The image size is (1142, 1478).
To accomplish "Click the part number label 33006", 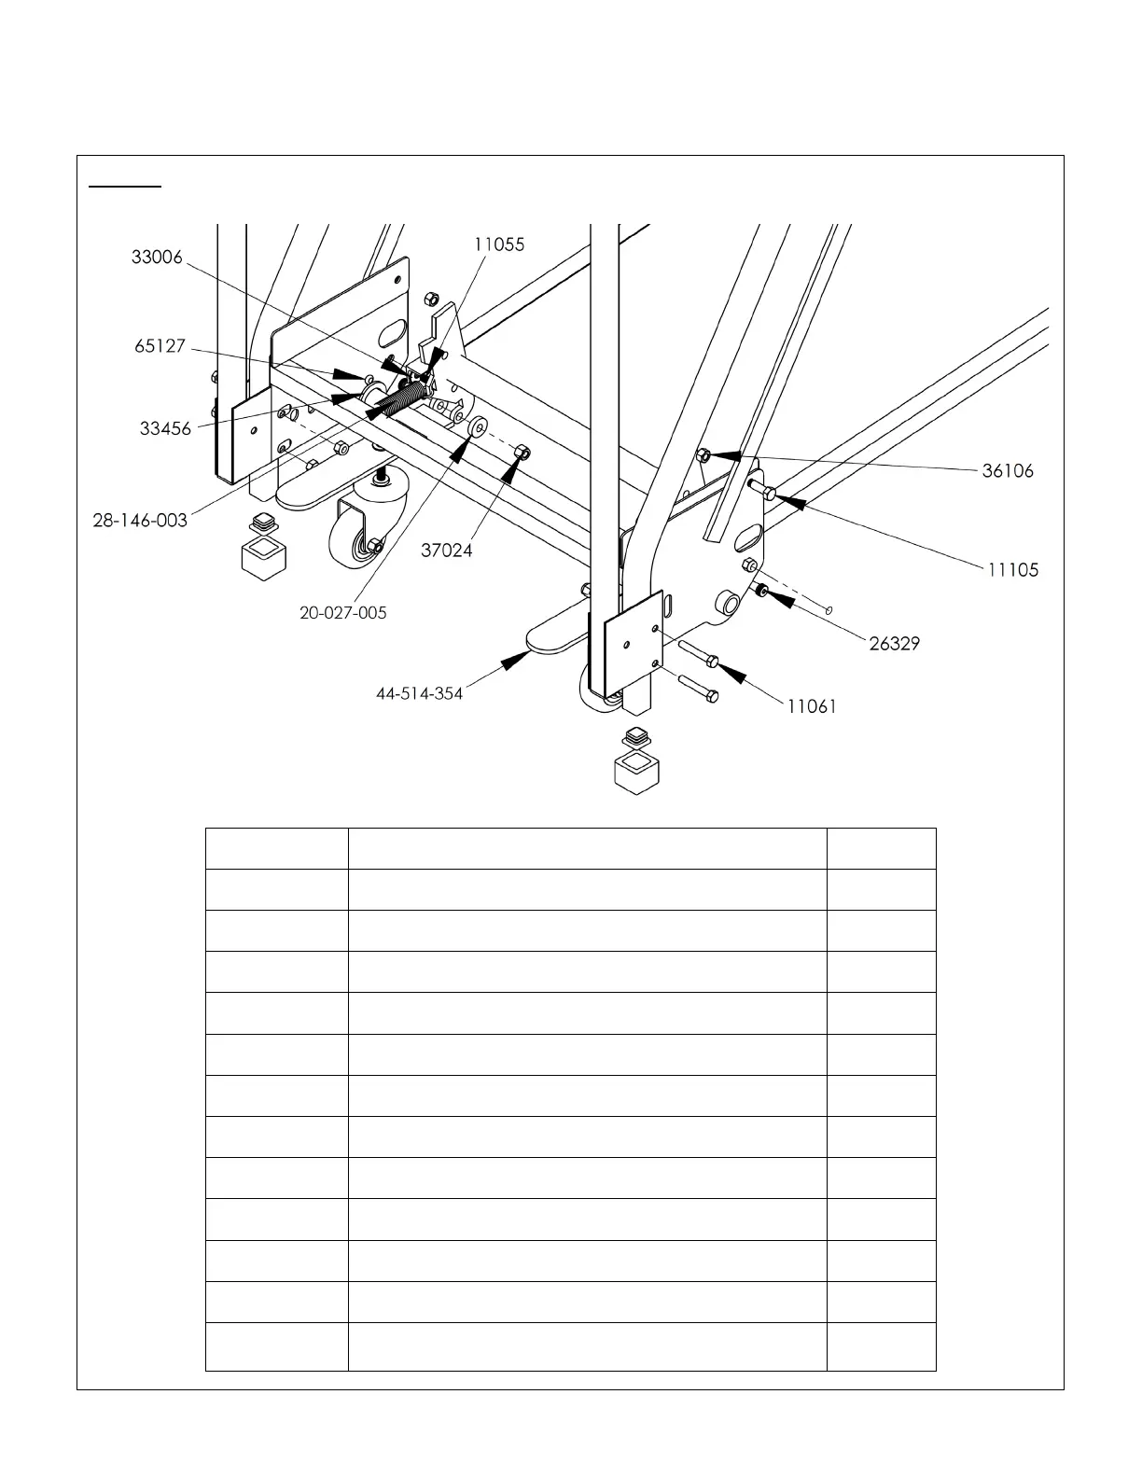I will (x=157, y=257).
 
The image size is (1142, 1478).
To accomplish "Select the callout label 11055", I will (x=499, y=244).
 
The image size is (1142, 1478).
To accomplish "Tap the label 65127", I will (x=160, y=347).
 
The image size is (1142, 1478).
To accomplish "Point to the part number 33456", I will (x=165, y=428).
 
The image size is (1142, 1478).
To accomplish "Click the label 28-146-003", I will (x=140, y=520).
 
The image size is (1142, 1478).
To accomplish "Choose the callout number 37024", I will (x=446, y=551).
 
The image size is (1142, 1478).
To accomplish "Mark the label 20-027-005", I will (x=342, y=613).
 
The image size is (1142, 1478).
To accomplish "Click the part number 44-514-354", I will (x=419, y=693).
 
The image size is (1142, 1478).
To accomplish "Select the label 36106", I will (x=1008, y=471).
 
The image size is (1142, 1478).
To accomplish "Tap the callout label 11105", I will (x=1013, y=569).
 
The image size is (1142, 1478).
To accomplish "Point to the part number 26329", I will (x=895, y=643).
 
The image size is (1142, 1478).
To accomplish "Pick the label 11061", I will (x=812, y=706).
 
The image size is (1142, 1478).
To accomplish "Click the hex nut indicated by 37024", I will (x=523, y=453).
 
